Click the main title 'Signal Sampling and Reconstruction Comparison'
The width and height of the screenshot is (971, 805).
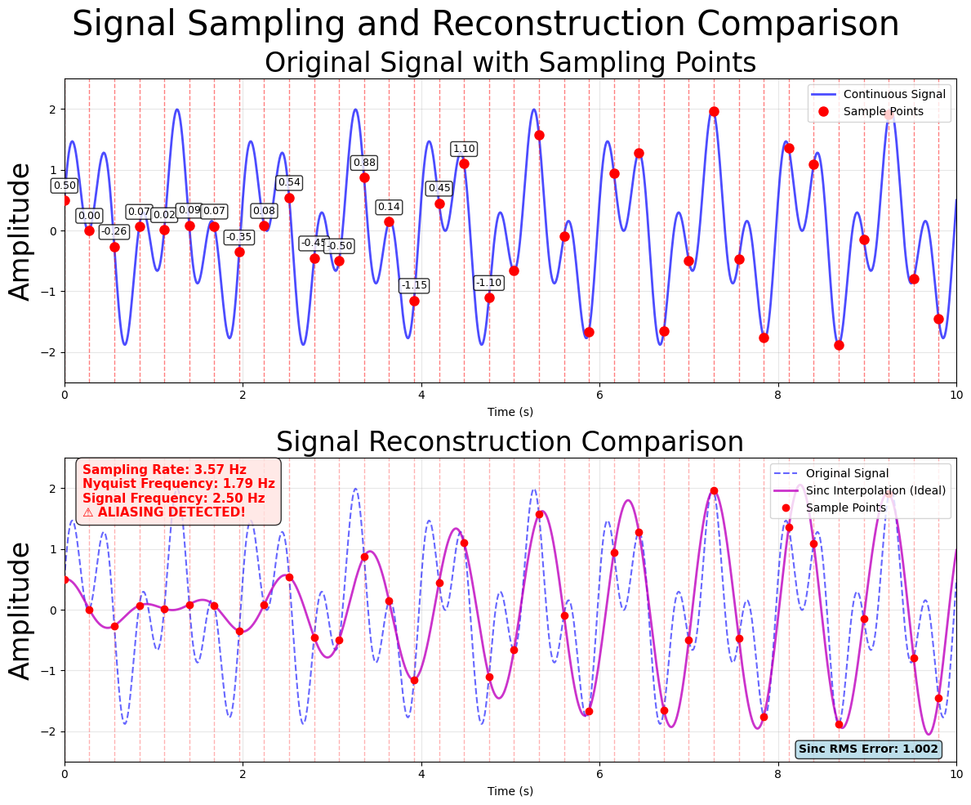[485, 24]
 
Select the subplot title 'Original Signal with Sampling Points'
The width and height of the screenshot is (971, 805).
[510, 63]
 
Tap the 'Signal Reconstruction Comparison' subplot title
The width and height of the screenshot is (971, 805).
[510, 442]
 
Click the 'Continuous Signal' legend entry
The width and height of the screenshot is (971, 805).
[893, 94]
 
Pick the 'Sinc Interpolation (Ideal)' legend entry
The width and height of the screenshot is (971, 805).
[875, 490]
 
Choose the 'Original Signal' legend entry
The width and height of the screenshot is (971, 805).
[847, 473]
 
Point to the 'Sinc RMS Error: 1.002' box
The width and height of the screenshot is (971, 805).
[868, 749]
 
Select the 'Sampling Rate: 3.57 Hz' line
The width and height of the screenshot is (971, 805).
[164, 470]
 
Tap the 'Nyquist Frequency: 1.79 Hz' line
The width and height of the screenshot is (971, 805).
[178, 484]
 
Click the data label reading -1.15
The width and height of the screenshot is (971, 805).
[414, 285]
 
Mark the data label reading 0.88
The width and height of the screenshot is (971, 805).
[364, 163]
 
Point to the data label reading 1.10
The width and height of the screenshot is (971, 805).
[464, 149]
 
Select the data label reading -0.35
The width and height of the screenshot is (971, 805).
[238, 237]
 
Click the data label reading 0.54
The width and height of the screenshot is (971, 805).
[289, 182]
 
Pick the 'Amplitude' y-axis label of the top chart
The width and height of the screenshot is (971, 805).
[21, 230]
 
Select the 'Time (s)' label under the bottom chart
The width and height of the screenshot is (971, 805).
[510, 791]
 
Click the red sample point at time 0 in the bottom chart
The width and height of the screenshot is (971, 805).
[65, 579]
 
